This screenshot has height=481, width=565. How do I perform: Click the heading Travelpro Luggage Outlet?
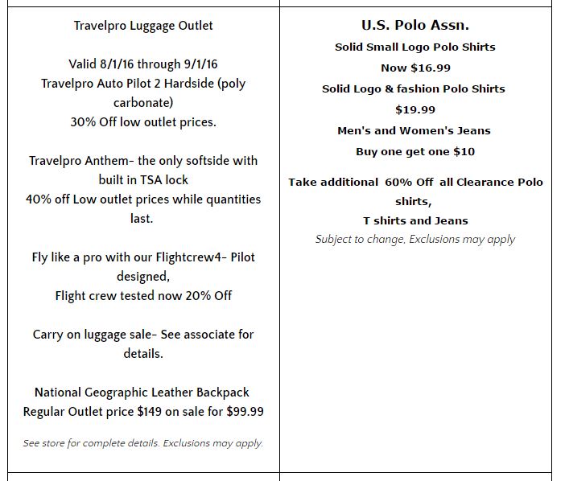[143, 26]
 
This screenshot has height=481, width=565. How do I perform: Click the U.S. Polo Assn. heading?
[414, 26]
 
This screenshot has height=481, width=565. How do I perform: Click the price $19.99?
[415, 109]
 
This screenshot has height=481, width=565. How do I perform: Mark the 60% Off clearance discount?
[409, 182]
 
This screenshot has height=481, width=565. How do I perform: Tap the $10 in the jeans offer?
[464, 151]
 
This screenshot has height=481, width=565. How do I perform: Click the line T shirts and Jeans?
[415, 220]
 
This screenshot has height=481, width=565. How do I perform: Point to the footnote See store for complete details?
[91, 443]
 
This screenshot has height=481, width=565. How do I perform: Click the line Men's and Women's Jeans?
[414, 130]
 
